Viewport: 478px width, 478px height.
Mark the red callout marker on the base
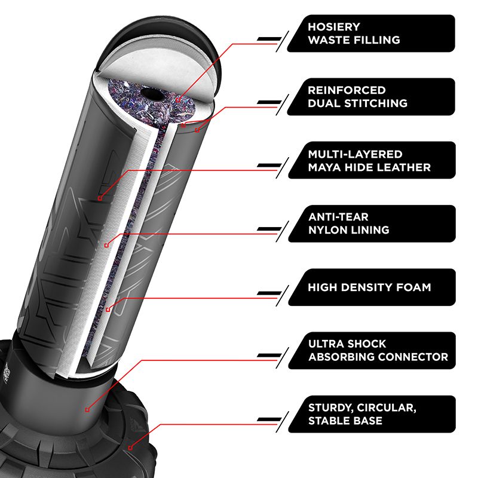tap(130, 447)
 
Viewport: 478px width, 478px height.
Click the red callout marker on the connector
tap(87, 409)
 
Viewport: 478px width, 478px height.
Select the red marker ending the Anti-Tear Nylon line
tap(105, 245)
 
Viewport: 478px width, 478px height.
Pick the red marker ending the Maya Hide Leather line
tap(100, 198)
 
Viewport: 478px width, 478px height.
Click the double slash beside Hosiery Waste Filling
tap(271, 40)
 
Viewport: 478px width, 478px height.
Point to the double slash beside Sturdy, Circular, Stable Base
tap(271, 421)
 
